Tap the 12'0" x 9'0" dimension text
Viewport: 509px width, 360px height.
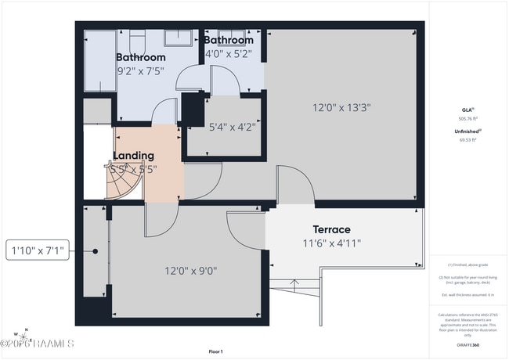tap(190, 272)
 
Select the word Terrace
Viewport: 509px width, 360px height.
tap(331, 229)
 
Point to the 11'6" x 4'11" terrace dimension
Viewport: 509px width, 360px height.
tap(331, 243)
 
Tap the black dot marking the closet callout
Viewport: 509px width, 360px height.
tap(95, 252)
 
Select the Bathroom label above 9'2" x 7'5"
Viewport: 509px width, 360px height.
tap(141, 57)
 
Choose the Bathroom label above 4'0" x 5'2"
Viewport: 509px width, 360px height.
tap(229, 40)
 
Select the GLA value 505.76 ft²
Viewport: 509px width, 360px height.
tap(467, 119)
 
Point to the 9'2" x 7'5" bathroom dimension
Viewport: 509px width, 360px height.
tap(141, 72)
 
